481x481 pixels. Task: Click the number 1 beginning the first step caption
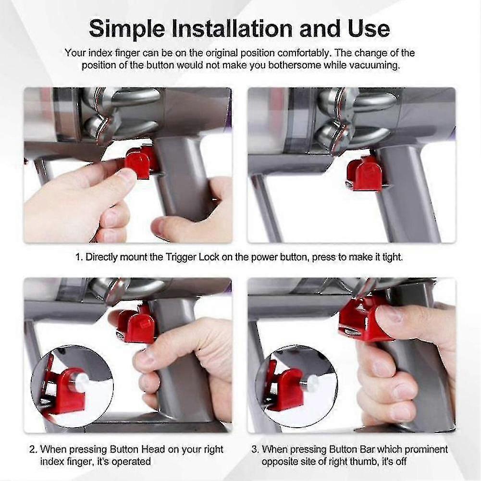(x=78, y=258)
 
